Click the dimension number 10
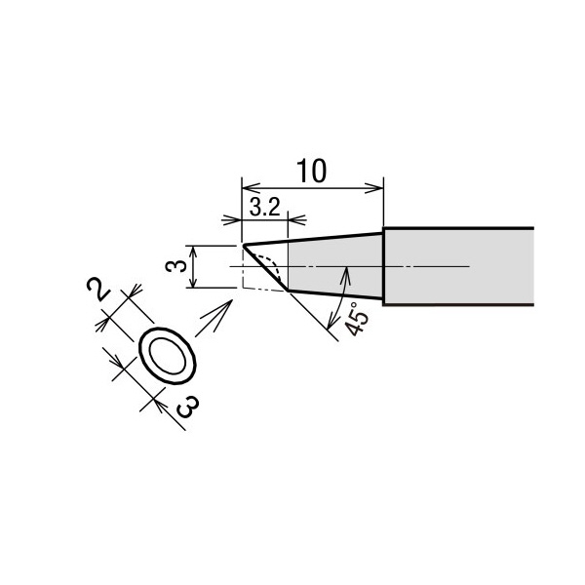(x=312, y=171)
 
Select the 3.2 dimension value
(x=264, y=208)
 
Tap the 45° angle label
(x=356, y=318)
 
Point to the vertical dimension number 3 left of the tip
(x=176, y=266)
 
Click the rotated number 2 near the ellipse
(x=97, y=289)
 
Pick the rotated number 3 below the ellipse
(x=187, y=407)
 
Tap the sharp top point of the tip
(x=243, y=246)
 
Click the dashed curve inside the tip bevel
(x=272, y=264)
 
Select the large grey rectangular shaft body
(x=458, y=266)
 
